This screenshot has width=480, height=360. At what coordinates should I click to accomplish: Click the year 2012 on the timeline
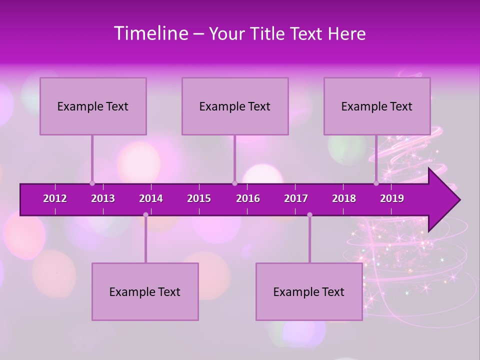click(x=55, y=198)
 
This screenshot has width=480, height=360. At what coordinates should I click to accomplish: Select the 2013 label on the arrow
click(x=103, y=198)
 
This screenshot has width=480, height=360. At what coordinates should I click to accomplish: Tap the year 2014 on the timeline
click(x=151, y=198)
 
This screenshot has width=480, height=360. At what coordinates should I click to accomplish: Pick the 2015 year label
click(x=199, y=198)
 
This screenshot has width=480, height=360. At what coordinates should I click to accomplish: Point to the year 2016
click(x=248, y=198)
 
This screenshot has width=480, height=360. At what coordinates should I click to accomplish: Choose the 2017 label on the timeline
click(x=296, y=198)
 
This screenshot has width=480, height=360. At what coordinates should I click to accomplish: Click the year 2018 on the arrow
click(x=344, y=198)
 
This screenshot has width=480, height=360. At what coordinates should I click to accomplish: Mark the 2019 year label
click(x=392, y=198)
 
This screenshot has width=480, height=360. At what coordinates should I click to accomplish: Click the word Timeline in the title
click(x=150, y=33)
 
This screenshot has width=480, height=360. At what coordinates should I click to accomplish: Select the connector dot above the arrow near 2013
click(x=92, y=183)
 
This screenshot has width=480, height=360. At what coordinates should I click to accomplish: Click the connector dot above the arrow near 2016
click(x=234, y=183)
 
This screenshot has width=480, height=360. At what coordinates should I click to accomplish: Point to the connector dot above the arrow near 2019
click(x=376, y=183)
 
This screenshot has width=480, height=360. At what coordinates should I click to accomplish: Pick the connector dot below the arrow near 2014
click(x=145, y=215)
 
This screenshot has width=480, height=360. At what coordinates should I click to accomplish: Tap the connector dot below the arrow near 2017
click(x=309, y=215)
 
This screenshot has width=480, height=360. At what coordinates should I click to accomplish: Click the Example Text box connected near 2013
click(x=93, y=106)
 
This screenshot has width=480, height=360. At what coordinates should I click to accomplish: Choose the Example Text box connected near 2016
click(x=235, y=106)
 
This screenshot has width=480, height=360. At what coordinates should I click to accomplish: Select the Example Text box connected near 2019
click(x=377, y=106)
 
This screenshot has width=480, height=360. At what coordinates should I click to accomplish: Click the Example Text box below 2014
click(x=145, y=292)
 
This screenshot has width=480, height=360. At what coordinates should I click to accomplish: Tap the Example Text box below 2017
click(x=309, y=292)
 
